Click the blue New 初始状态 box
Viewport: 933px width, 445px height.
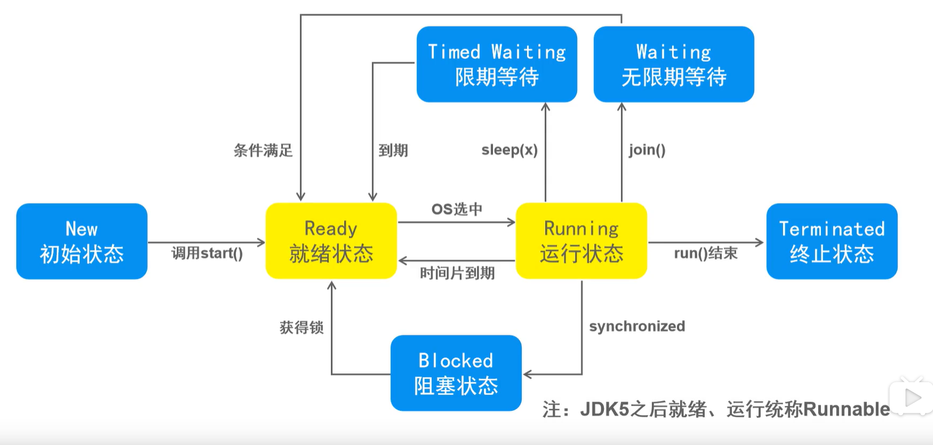[82, 241]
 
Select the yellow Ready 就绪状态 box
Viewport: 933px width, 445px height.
[331, 241]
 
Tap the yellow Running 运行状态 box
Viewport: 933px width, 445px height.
[581, 241]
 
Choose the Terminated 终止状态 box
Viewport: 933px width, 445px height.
[832, 241]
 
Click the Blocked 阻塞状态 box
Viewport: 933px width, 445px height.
[456, 373]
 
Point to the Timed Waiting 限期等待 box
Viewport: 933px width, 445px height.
[497, 64]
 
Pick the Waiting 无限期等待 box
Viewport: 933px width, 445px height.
[674, 64]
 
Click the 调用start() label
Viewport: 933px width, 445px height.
[207, 254]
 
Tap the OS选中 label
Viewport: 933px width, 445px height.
[457, 209]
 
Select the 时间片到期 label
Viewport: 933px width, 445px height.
[457, 273]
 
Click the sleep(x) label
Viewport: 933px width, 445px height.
[509, 151]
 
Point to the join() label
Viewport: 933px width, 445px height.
[647, 151]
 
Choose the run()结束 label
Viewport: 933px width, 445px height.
[706, 254]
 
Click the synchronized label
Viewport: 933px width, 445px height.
[637, 326]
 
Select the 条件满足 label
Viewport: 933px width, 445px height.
[263, 151]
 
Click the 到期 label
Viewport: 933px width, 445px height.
[393, 151]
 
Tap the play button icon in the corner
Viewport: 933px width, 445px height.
[912, 398]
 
